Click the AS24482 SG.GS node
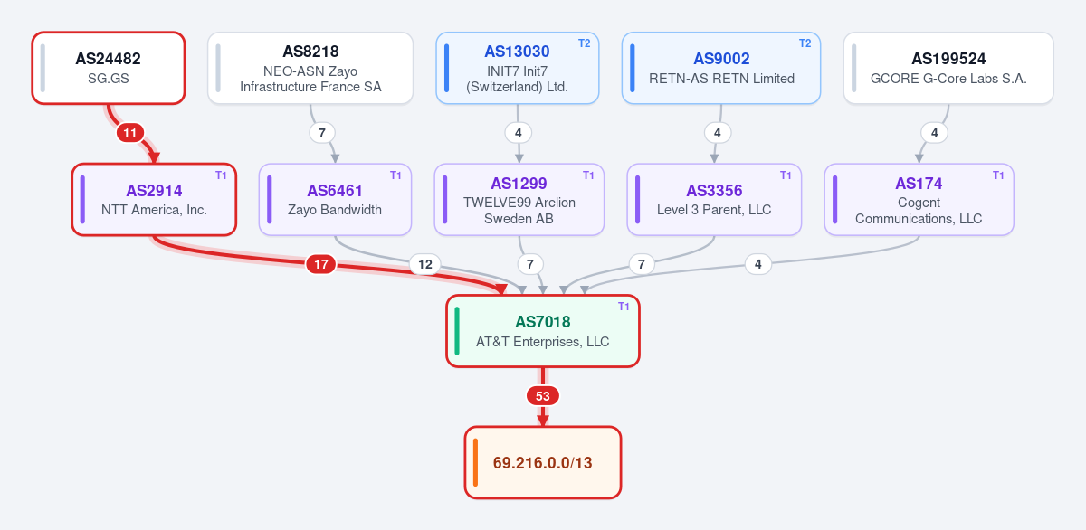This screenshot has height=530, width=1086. click(109, 68)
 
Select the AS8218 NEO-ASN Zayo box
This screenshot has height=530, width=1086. click(310, 68)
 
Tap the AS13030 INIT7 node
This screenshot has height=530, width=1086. click(518, 68)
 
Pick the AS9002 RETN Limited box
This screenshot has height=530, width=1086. click(721, 68)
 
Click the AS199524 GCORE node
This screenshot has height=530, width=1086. click(948, 68)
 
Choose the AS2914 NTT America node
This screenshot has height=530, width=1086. click(154, 200)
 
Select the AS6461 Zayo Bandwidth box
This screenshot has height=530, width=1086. click(335, 200)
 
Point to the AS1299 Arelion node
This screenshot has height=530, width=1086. click(519, 200)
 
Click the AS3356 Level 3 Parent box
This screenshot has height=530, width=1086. click(714, 200)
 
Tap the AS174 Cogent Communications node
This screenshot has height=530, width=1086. click(919, 200)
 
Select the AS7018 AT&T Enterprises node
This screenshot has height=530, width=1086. click(543, 331)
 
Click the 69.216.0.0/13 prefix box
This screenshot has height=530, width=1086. click(543, 463)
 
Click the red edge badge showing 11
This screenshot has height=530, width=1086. click(130, 133)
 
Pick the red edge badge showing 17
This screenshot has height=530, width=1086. click(321, 264)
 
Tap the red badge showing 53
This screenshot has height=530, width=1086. click(543, 396)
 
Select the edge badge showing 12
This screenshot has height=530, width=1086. click(425, 264)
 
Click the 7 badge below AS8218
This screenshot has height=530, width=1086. click(322, 133)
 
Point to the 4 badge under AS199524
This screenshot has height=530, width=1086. click(935, 133)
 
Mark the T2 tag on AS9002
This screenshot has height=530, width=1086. click(805, 43)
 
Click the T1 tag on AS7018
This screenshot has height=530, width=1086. click(624, 307)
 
